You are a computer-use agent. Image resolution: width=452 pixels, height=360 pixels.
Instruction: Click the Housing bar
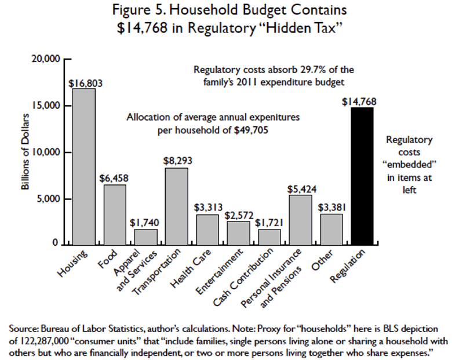(83, 166)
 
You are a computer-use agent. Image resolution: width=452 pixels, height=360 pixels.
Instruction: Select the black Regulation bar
(362, 176)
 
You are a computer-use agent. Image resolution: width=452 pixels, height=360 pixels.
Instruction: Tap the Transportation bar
(176, 206)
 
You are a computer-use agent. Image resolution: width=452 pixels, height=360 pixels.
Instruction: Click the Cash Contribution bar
(269, 237)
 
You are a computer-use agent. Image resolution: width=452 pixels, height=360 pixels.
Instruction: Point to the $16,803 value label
(85, 83)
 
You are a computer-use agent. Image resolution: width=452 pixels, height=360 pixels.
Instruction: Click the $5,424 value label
(299, 189)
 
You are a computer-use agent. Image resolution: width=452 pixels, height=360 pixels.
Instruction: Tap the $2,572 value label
(238, 215)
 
